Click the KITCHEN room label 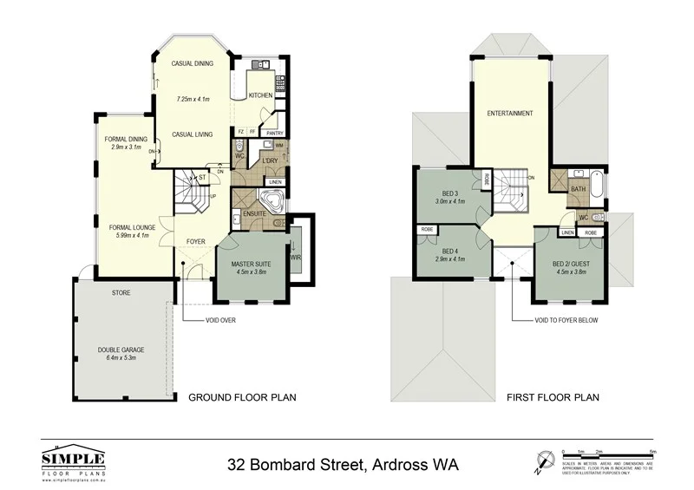260,95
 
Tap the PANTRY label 274,133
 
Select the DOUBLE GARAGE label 121,350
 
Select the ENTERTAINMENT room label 509,114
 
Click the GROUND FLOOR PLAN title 243,398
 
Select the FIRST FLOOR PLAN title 553,398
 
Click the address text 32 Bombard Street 343,464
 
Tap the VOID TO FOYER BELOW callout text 566,320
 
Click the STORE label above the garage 121,293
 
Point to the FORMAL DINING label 126,140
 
